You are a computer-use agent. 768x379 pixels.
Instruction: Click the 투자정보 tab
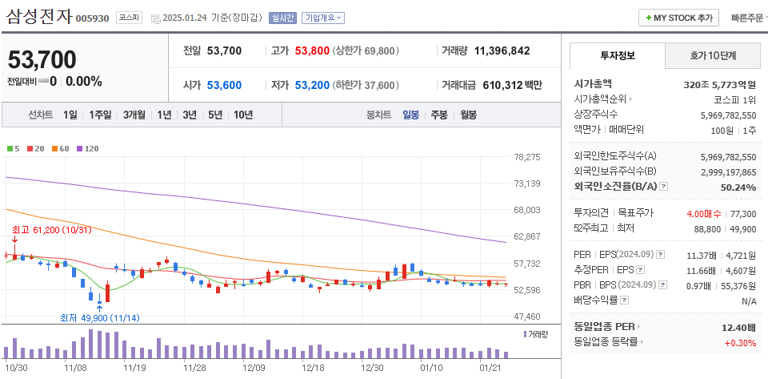(x=617, y=55)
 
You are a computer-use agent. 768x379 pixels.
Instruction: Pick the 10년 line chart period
(x=243, y=115)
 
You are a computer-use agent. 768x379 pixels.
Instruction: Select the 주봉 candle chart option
(x=438, y=115)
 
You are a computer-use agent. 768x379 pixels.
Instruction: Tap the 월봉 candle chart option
(x=467, y=115)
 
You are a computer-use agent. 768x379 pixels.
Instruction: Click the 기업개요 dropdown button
(x=323, y=18)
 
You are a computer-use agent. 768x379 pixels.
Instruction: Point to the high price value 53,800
(x=312, y=50)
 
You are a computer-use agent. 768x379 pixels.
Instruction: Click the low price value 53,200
(x=312, y=85)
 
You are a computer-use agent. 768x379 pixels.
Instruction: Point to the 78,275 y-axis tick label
(x=527, y=157)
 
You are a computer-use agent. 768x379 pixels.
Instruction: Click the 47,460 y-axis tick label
(x=527, y=317)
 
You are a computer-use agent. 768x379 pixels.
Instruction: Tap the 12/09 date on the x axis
(x=254, y=367)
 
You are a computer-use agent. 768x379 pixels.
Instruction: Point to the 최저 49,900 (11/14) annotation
(x=99, y=317)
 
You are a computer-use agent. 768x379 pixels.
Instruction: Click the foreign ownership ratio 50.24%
(x=738, y=187)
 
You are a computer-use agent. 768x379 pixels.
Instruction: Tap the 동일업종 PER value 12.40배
(x=738, y=327)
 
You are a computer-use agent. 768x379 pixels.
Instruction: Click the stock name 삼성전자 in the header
(x=39, y=16)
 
